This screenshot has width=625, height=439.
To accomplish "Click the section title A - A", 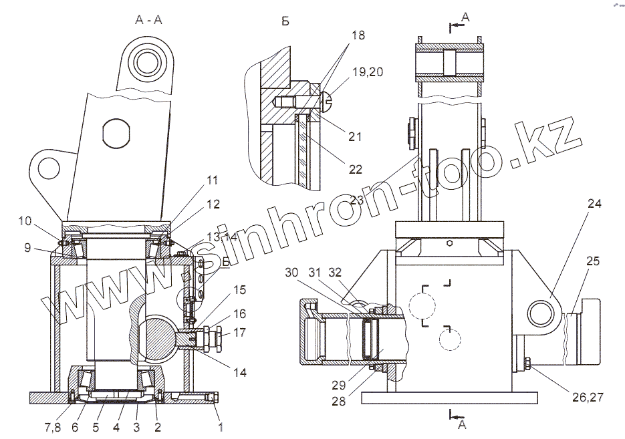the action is pos(148,20).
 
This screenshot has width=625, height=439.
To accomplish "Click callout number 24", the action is pos(595,204).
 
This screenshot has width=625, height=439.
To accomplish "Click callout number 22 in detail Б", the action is pos(355,170).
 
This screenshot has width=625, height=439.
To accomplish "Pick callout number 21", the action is pos(355,137).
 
